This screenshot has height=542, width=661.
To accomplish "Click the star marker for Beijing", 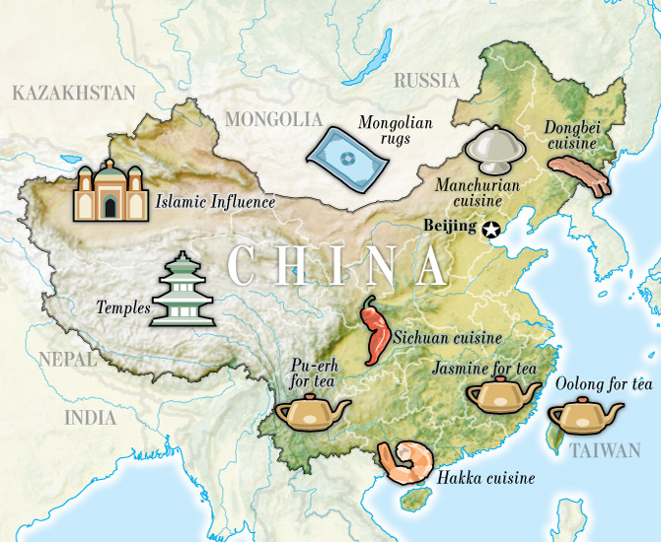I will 491,230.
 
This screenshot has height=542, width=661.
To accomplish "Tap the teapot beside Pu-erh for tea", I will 305,411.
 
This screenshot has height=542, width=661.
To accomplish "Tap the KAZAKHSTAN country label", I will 73,94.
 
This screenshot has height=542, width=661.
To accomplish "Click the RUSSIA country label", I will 426,80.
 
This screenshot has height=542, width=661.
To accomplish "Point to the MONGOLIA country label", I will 273,119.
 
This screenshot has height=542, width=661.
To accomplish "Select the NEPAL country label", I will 67,359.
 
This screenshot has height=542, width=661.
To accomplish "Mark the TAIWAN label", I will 605,451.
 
